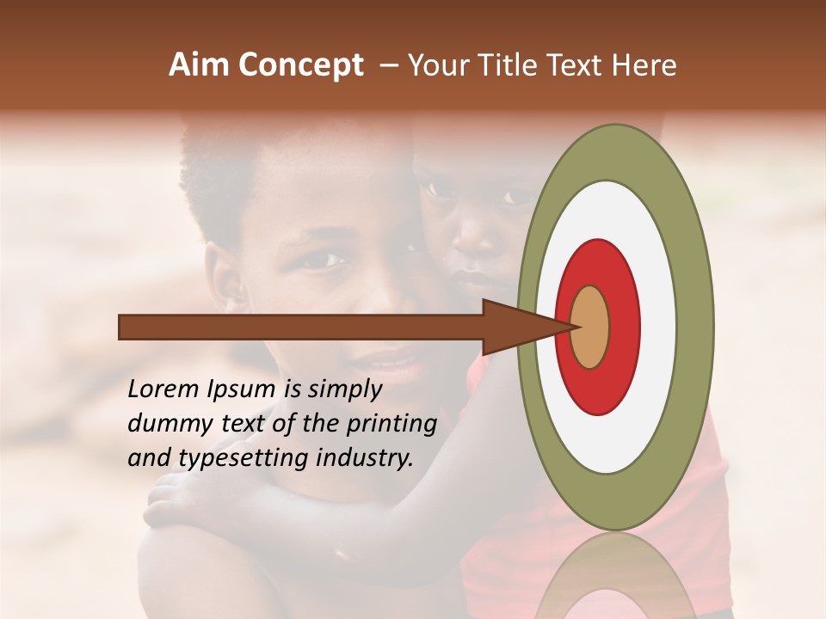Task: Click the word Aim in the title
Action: coord(200,65)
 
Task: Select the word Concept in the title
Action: coord(300,66)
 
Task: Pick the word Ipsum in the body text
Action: coord(242,389)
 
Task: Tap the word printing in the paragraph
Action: coord(391,424)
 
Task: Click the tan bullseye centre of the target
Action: coord(590,327)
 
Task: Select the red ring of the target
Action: coord(624,327)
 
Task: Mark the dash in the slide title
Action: coord(387,65)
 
